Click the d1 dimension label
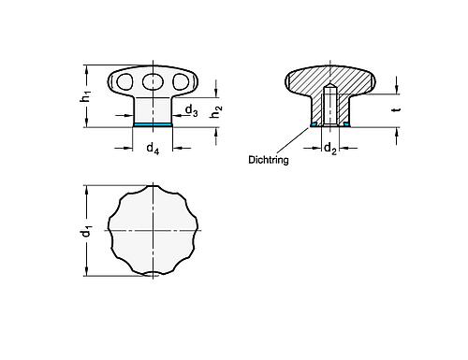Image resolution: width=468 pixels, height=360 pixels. [85, 230]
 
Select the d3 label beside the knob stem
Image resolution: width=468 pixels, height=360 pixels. [190, 110]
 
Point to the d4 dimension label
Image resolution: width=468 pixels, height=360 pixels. [152, 148]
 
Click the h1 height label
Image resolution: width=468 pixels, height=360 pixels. [86, 95]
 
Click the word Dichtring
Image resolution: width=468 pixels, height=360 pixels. [268, 160]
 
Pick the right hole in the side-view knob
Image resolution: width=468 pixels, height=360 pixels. [175, 82]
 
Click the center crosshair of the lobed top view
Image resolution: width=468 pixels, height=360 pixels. [153, 229]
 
